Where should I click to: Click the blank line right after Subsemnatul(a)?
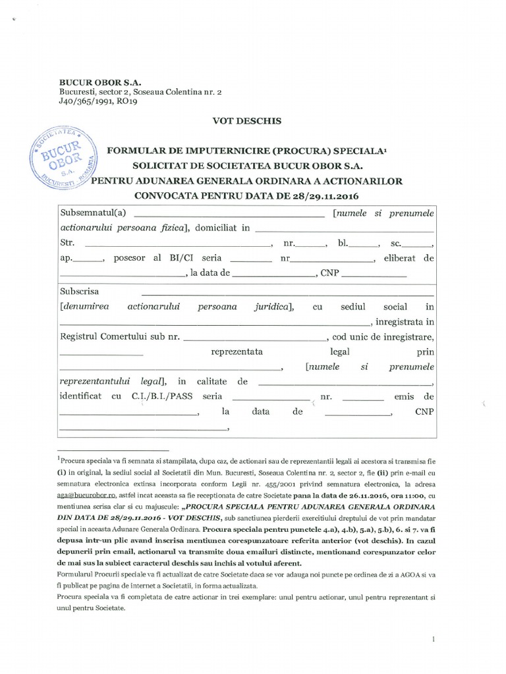point(229,215)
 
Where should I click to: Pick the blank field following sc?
point(416,244)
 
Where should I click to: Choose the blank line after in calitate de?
point(345,384)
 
